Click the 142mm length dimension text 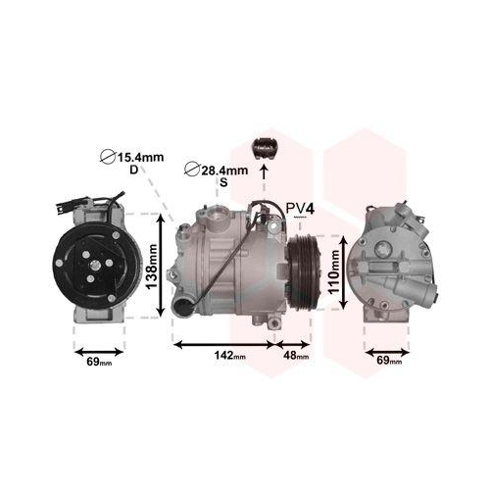225,355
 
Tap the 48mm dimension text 296,355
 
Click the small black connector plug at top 265,144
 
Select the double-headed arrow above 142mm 225,343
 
